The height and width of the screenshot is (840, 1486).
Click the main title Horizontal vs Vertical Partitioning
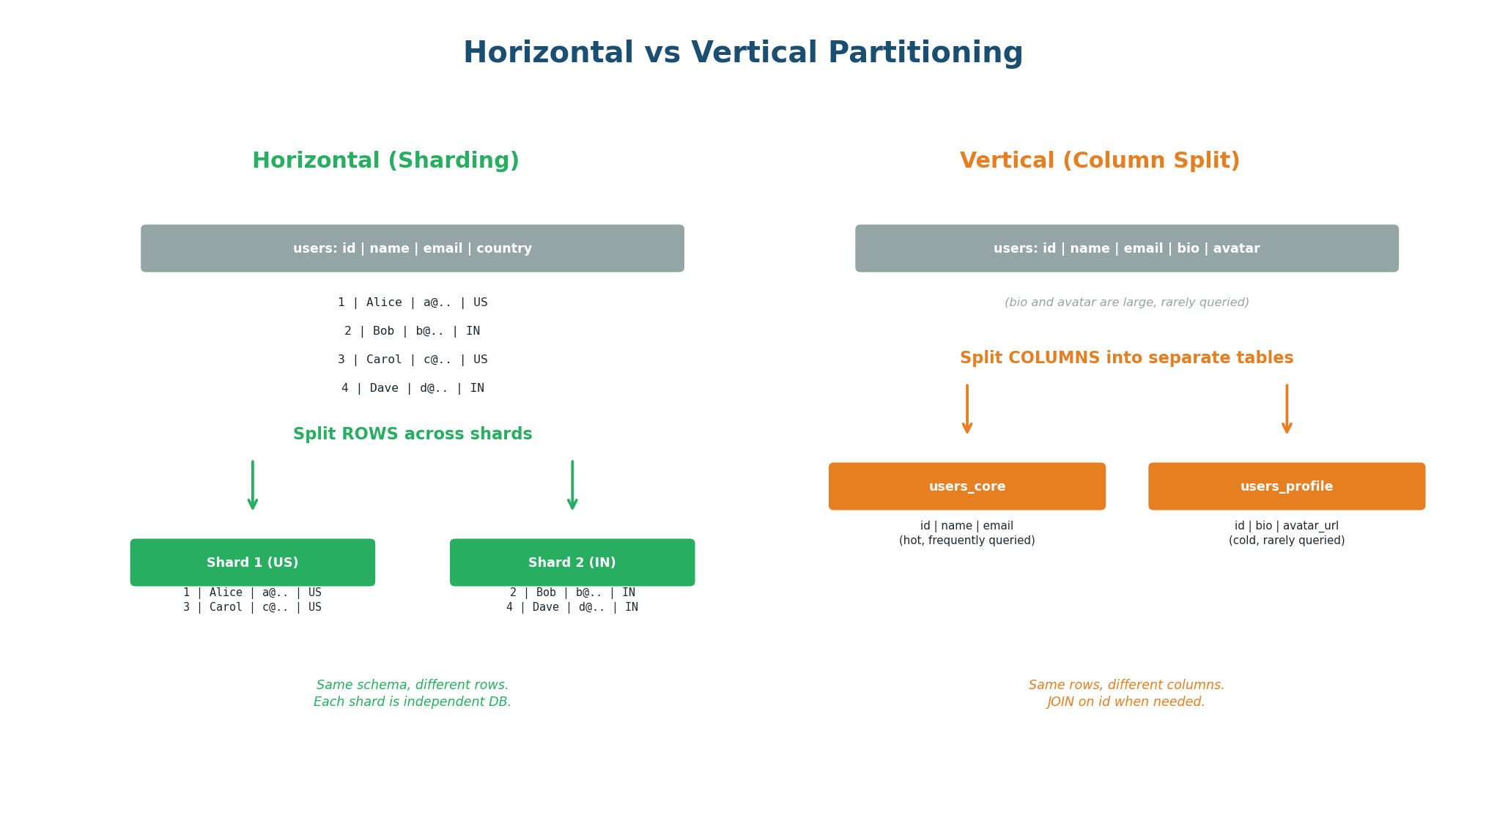742,53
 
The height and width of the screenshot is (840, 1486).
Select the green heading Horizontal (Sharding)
385,161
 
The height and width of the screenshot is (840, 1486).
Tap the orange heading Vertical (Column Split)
1099,161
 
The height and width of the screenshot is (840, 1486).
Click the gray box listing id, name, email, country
412,248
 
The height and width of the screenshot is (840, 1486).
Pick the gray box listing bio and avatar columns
1126,248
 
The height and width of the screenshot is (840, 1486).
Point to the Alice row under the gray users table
412,302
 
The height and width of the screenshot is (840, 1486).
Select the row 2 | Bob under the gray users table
412,331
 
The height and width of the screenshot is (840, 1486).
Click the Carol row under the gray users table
412,360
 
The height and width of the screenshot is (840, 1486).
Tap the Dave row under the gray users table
412,388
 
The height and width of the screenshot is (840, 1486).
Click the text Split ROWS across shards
412,434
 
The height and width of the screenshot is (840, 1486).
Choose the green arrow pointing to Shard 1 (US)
253,485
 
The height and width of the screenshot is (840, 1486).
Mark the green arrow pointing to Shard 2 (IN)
572,485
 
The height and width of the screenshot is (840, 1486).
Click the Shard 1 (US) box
253,562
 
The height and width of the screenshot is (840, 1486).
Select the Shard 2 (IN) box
572,562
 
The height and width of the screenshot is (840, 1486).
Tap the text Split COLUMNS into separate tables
1126,358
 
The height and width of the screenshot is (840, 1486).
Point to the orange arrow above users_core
967,409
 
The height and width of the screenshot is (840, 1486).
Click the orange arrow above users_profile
1287,409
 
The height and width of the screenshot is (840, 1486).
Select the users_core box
967,486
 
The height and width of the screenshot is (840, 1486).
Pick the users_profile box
1287,486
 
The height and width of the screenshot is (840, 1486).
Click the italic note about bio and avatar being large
1126,302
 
